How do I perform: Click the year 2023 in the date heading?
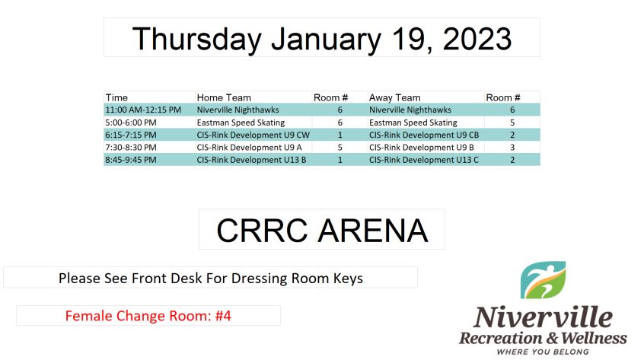point(477,39)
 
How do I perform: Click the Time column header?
point(116,97)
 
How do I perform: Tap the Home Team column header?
point(224,97)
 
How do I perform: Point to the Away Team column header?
point(394,97)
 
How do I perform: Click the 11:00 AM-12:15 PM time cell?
point(143,110)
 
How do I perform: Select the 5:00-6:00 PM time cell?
point(131,123)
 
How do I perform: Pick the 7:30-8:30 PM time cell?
point(131,148)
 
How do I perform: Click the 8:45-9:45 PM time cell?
point(131,160)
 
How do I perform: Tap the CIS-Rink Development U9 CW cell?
point(253,135)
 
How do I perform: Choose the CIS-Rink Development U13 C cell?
point(424,160)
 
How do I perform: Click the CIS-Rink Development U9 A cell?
point(250,148)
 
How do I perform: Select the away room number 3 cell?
point(512,148)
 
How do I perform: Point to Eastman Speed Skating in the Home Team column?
point(241,123)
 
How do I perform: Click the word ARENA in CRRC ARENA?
point(373,231)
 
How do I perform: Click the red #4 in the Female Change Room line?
point(223,316)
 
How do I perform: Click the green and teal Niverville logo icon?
point(543,280)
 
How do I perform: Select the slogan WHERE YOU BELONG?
point(543,352)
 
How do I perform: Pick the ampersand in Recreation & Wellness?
point(552,338)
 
